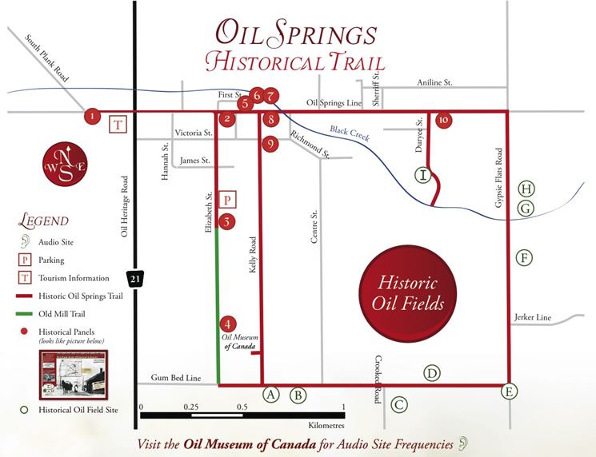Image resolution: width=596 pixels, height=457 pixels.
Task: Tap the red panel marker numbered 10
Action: (444, 120)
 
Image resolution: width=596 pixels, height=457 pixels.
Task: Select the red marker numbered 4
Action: (228, 324)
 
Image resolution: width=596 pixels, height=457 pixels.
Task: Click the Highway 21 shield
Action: (134, 279)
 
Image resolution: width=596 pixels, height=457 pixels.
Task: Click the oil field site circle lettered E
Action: (509, 391)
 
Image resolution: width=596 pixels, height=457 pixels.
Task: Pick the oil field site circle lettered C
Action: (399, 405)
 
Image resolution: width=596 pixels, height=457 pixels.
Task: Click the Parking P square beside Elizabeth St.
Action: (228, 200)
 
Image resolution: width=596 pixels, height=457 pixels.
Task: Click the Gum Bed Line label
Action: (174, 377)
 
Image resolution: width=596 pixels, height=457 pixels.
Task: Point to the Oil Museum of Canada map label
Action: (238, 341)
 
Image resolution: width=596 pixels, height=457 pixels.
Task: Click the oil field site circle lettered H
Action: (526, 189)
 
